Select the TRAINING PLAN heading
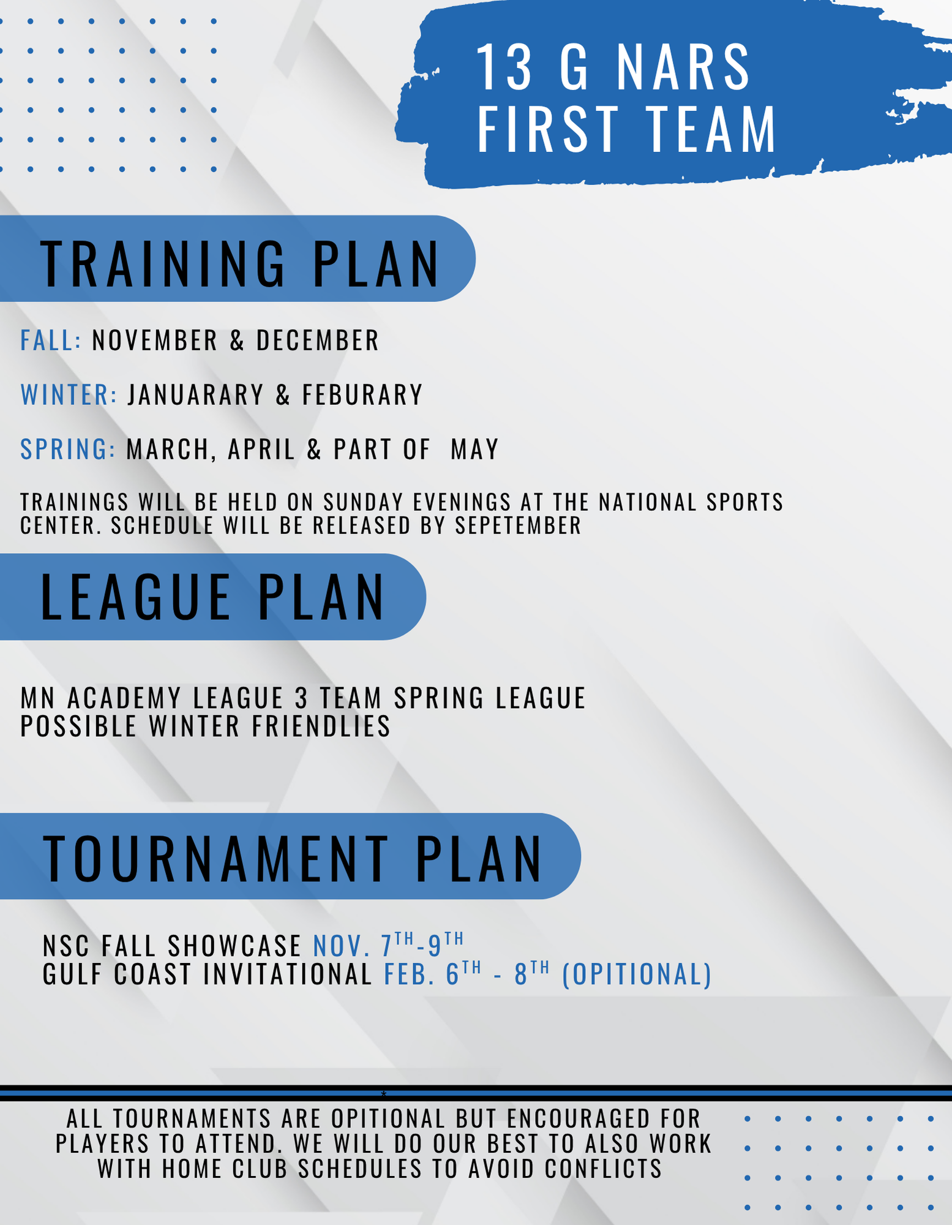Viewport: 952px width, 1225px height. pos(240,264)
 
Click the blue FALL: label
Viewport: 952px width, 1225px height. pos(51,341)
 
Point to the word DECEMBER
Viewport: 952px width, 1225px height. pos(318,341)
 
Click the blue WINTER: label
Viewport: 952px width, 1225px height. pos(69,394)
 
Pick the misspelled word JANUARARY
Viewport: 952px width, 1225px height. pos(196,394)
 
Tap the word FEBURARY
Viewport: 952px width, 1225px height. pos(362,394)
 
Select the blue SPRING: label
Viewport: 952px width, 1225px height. pos(68,449)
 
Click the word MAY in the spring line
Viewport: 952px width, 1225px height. pos(475,449)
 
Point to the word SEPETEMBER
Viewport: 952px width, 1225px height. pos(518,526)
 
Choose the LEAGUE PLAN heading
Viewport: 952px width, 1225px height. pos(212,597)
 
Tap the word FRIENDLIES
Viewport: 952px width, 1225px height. pos(321,726)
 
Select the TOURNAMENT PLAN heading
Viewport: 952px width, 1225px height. pos(293,859)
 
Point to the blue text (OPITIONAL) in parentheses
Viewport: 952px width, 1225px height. pos(637,974)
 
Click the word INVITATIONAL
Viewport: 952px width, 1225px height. pos(288,974)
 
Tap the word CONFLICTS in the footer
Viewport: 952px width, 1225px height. pos(603,1169)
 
